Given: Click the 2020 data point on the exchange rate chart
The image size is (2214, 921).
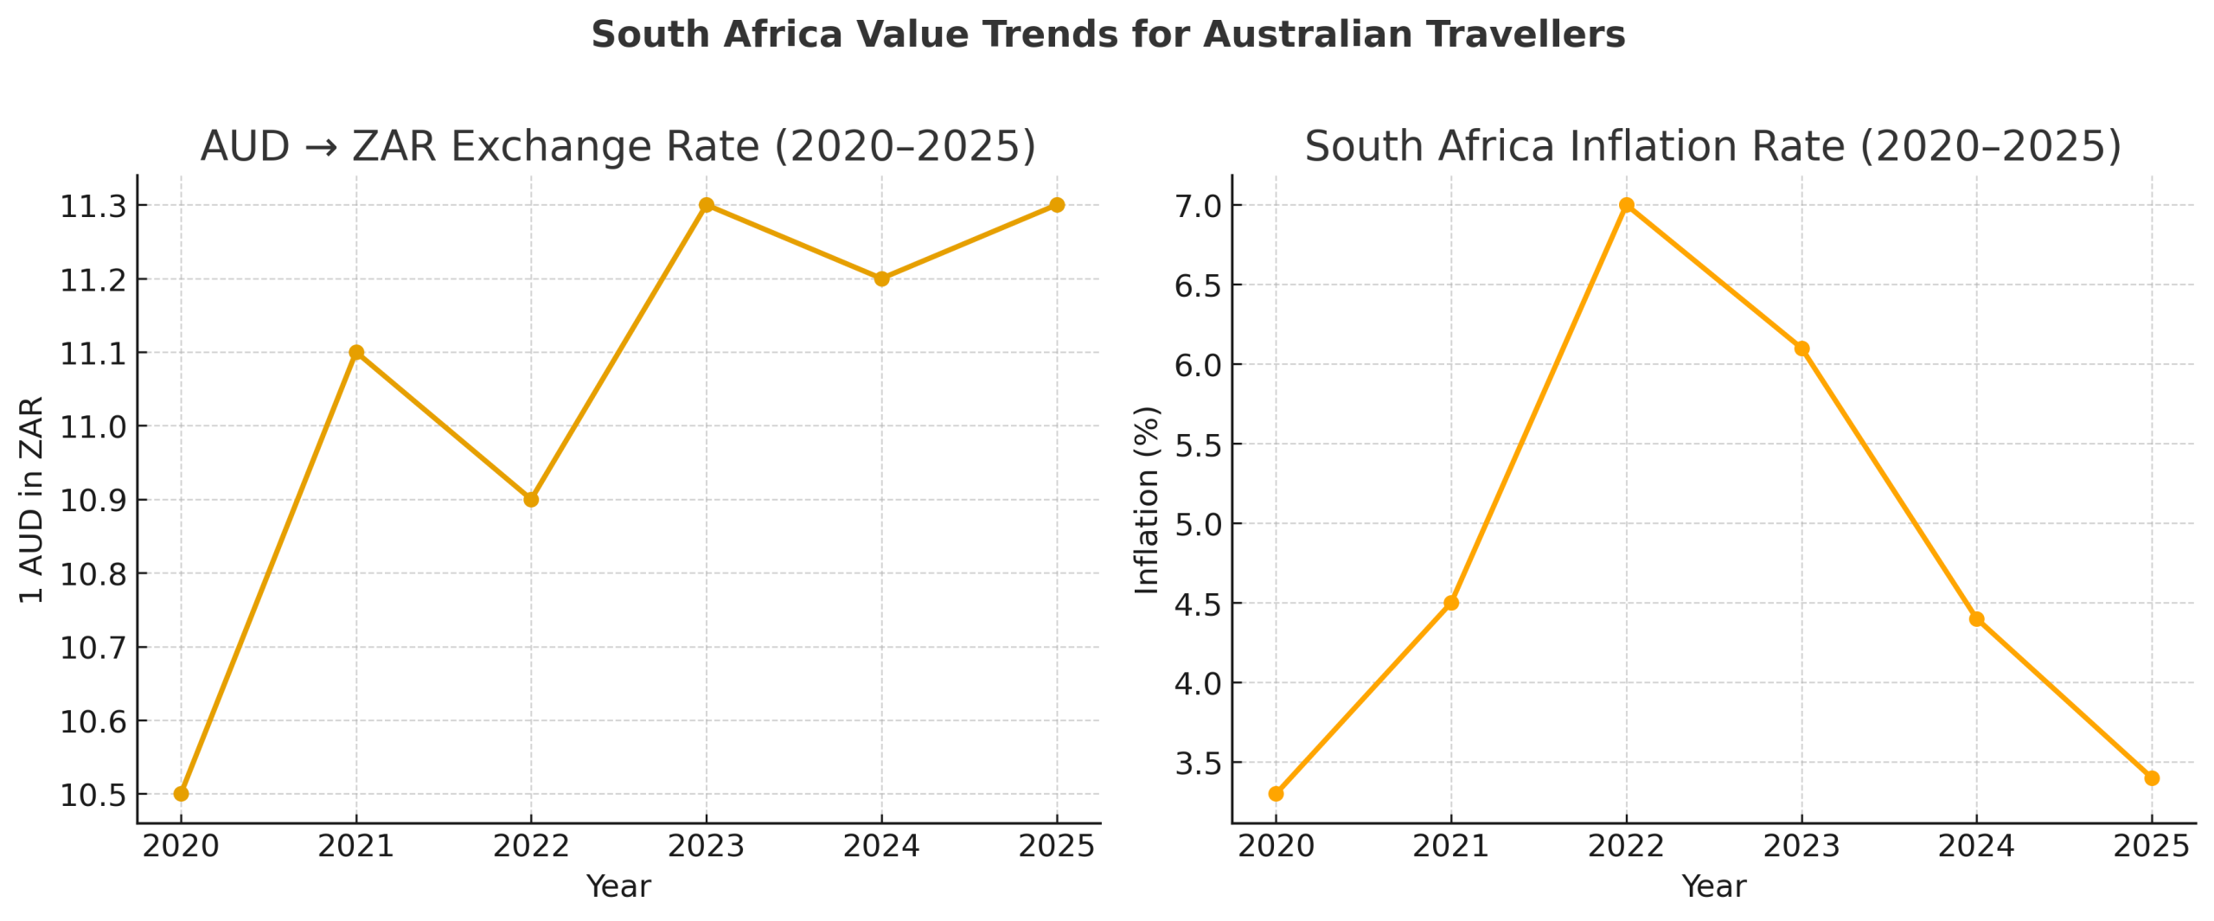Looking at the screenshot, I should (x=181, y=793).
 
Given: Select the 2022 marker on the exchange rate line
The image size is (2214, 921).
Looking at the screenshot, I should (x=531, y=499).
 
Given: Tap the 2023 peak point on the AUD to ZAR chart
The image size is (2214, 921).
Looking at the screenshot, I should (x=707, y=205).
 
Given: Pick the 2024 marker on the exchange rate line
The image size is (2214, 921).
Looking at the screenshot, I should (x=881, y=278).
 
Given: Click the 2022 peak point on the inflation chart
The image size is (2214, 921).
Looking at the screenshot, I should (x=1627, y=205).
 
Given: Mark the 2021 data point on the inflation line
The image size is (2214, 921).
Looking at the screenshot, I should (x=1451, y=603).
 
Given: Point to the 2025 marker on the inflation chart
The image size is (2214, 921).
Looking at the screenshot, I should (x=2152, y=777).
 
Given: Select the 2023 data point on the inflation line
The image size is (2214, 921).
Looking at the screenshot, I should (x=1801, y=349).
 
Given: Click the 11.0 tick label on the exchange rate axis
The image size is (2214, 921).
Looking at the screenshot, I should (x=93, y=427).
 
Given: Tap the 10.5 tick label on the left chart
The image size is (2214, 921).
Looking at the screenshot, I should (x=93, y=795).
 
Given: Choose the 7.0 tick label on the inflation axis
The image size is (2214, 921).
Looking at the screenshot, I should (x=1198, y=207).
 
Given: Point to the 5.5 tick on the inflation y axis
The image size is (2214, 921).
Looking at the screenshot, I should (x=1198, y=445).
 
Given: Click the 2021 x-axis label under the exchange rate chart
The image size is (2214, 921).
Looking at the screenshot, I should (x=355, y=846).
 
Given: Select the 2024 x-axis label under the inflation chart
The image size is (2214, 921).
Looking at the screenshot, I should (x=1976, y=846).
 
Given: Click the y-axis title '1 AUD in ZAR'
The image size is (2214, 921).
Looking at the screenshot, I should (x=31, y=500).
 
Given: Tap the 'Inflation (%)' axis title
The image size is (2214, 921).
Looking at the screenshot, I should (x=1147, y=500).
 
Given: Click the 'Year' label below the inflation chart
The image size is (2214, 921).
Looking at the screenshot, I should (x=1713, y=886).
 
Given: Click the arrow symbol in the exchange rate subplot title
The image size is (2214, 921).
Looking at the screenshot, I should (x=321, y=147).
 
